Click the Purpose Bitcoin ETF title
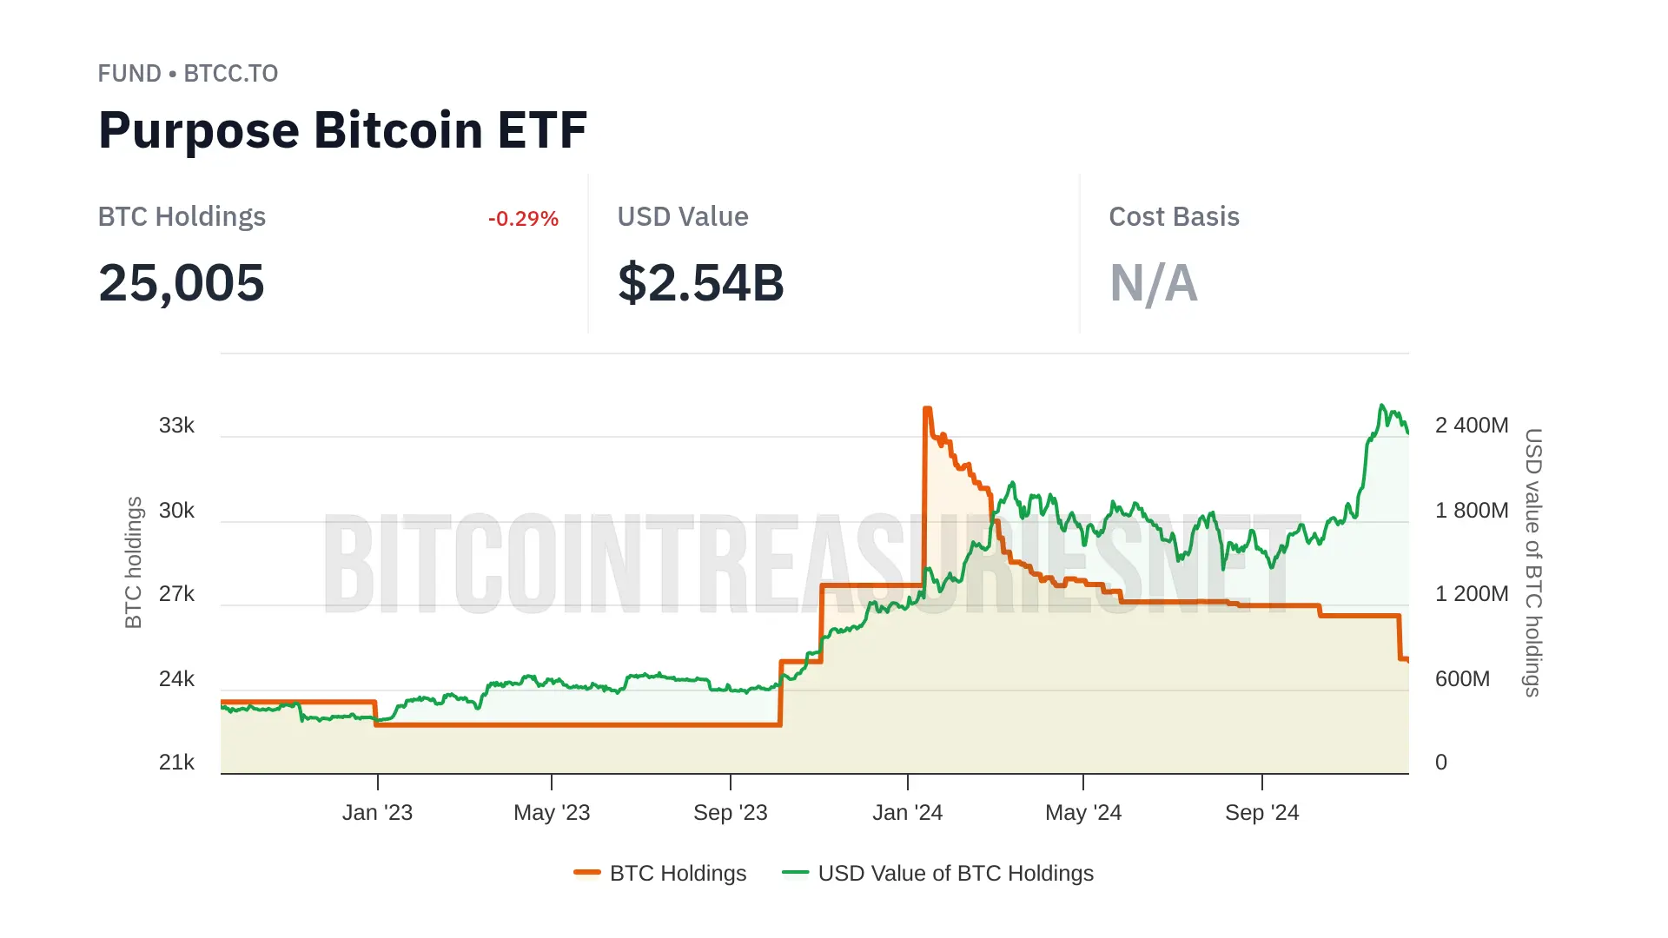coord(342,130)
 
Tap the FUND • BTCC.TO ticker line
coord(188,74)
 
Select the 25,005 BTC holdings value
coord(181,283)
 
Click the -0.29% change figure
coord(523,219)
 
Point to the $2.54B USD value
coord(700,283)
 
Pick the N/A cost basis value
coord(1153,283)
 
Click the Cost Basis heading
coord(1174,217)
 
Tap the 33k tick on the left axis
coord(176,426)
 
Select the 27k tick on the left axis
coord(176,594)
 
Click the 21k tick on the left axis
coord(176,763)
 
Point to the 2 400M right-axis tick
coord(1471,426)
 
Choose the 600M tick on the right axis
coord(1462,679)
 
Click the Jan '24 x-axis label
coord(907,813)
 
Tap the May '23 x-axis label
coord(552,813)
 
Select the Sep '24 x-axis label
coord(1261,813)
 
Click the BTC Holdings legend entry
coord(660,873)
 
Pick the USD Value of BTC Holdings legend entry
coord(938,873)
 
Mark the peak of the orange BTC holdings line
coord(927,408)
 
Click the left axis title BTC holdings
coord(133,562)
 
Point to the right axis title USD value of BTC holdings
coord(1533,562)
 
